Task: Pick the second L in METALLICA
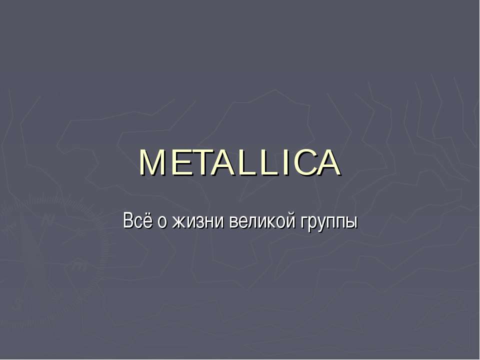tap(265, 163)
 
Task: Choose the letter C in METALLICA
tap(299, 163)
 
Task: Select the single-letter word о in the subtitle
tap(161, 222)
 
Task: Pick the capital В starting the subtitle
tap(128, 220)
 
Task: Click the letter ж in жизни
tap(177, 222)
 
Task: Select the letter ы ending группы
tap(351, 222)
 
